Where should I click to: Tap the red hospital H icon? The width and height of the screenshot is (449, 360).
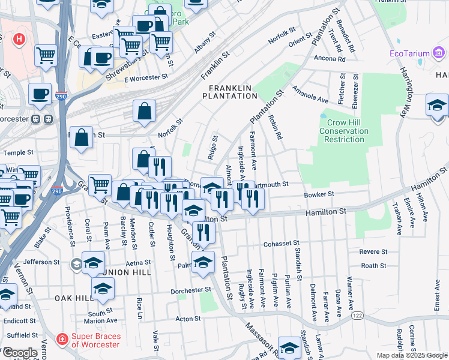tap(19, 40)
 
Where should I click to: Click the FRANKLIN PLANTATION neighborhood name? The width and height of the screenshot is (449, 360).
tap(229, 92)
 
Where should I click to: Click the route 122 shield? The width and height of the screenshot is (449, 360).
tap(358, 314)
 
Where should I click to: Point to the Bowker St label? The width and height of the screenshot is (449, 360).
tap(319, 194)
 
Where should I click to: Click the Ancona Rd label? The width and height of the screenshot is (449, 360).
tap(329, 59)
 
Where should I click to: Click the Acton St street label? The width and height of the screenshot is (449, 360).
tap(187, 319)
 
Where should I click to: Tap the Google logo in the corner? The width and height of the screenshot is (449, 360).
tap(20, 353)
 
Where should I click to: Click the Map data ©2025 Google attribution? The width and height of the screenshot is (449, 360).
tap(411, 355)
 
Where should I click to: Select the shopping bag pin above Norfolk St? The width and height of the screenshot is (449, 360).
tap(145, 111)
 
